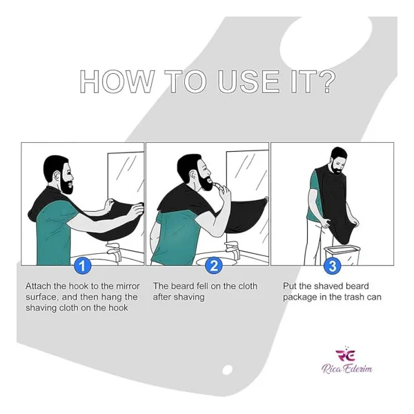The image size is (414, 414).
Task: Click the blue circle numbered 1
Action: (83, 266)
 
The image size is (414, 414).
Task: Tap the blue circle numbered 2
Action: (214, 265)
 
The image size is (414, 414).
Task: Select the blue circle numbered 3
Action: (333, 266)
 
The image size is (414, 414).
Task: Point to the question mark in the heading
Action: (326, 81)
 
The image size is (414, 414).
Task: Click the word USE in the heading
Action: (248, 81)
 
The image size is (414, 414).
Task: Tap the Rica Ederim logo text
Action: (347, 368)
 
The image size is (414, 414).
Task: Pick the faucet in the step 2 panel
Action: (233, 249)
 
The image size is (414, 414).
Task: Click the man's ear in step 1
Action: (57, 175)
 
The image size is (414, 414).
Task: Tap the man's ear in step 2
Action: (193, 175)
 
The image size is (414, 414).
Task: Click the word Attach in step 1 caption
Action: (39, 286)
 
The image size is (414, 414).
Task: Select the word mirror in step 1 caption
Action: (128, 286)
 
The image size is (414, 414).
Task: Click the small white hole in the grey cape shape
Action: (227, 369)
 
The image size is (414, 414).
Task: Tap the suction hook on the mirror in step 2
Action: (266, 199)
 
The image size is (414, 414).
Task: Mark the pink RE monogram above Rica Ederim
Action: (346, 355)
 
